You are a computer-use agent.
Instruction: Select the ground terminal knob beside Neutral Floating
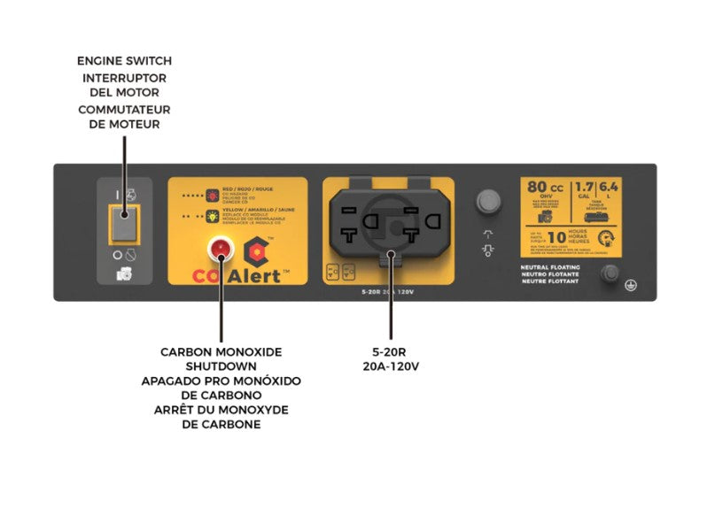(610, 274)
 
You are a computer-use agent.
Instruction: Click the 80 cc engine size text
(545, 188)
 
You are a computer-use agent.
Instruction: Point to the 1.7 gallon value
(585, 187)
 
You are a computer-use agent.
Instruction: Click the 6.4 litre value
(609, 187)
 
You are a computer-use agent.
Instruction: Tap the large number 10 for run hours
(556, 237)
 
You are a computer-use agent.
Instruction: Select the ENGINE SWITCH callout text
(124, 61)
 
